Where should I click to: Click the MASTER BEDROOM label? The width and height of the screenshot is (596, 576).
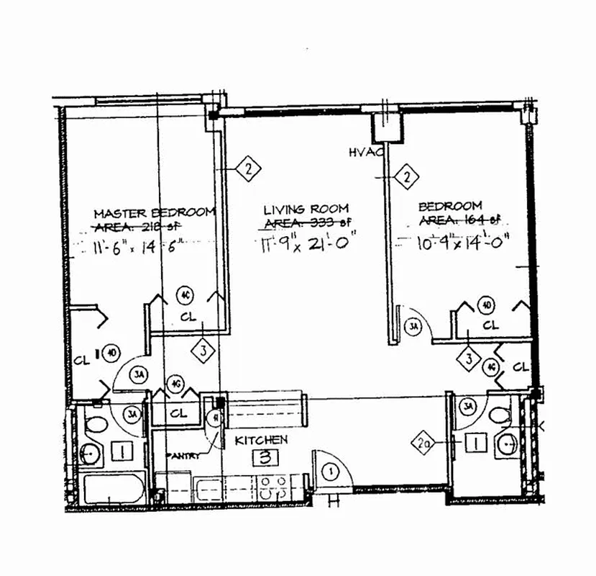[x=155, y=212]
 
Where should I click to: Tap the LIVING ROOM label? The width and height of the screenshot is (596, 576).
[x=296, y=210]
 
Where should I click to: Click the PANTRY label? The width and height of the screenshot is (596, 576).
[x=183, y=456]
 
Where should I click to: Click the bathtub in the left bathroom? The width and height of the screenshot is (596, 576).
[x=112, y=490]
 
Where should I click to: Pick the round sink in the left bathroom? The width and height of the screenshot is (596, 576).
[x=89, y=454]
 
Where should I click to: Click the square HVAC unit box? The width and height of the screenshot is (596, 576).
[x=385, y=129]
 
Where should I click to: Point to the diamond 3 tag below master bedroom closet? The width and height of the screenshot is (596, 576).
[x=204, y=351]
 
